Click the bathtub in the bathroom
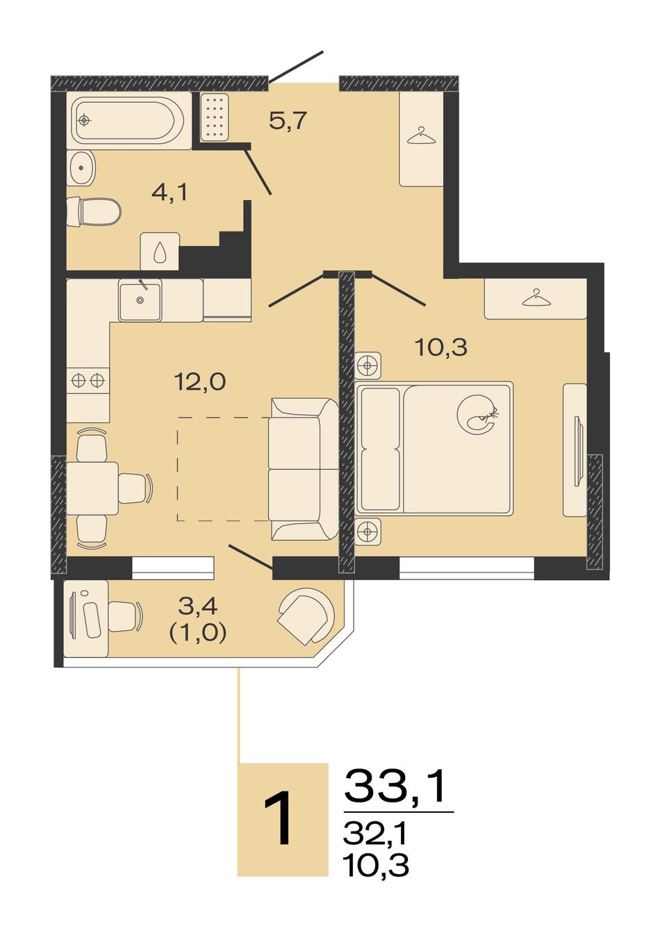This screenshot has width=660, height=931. [129, 120]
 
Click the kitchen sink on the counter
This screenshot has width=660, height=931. [140, 300]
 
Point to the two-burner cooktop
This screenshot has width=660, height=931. [88, 380]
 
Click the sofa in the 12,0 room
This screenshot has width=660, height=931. [304, 469]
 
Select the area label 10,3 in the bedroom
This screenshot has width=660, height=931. [441, 347]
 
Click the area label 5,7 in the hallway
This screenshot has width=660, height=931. [288, 122]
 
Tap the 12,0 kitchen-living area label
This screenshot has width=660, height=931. [201, 381]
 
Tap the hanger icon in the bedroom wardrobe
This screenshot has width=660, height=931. [536, 297]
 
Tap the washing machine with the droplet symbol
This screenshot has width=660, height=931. [160, 252]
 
